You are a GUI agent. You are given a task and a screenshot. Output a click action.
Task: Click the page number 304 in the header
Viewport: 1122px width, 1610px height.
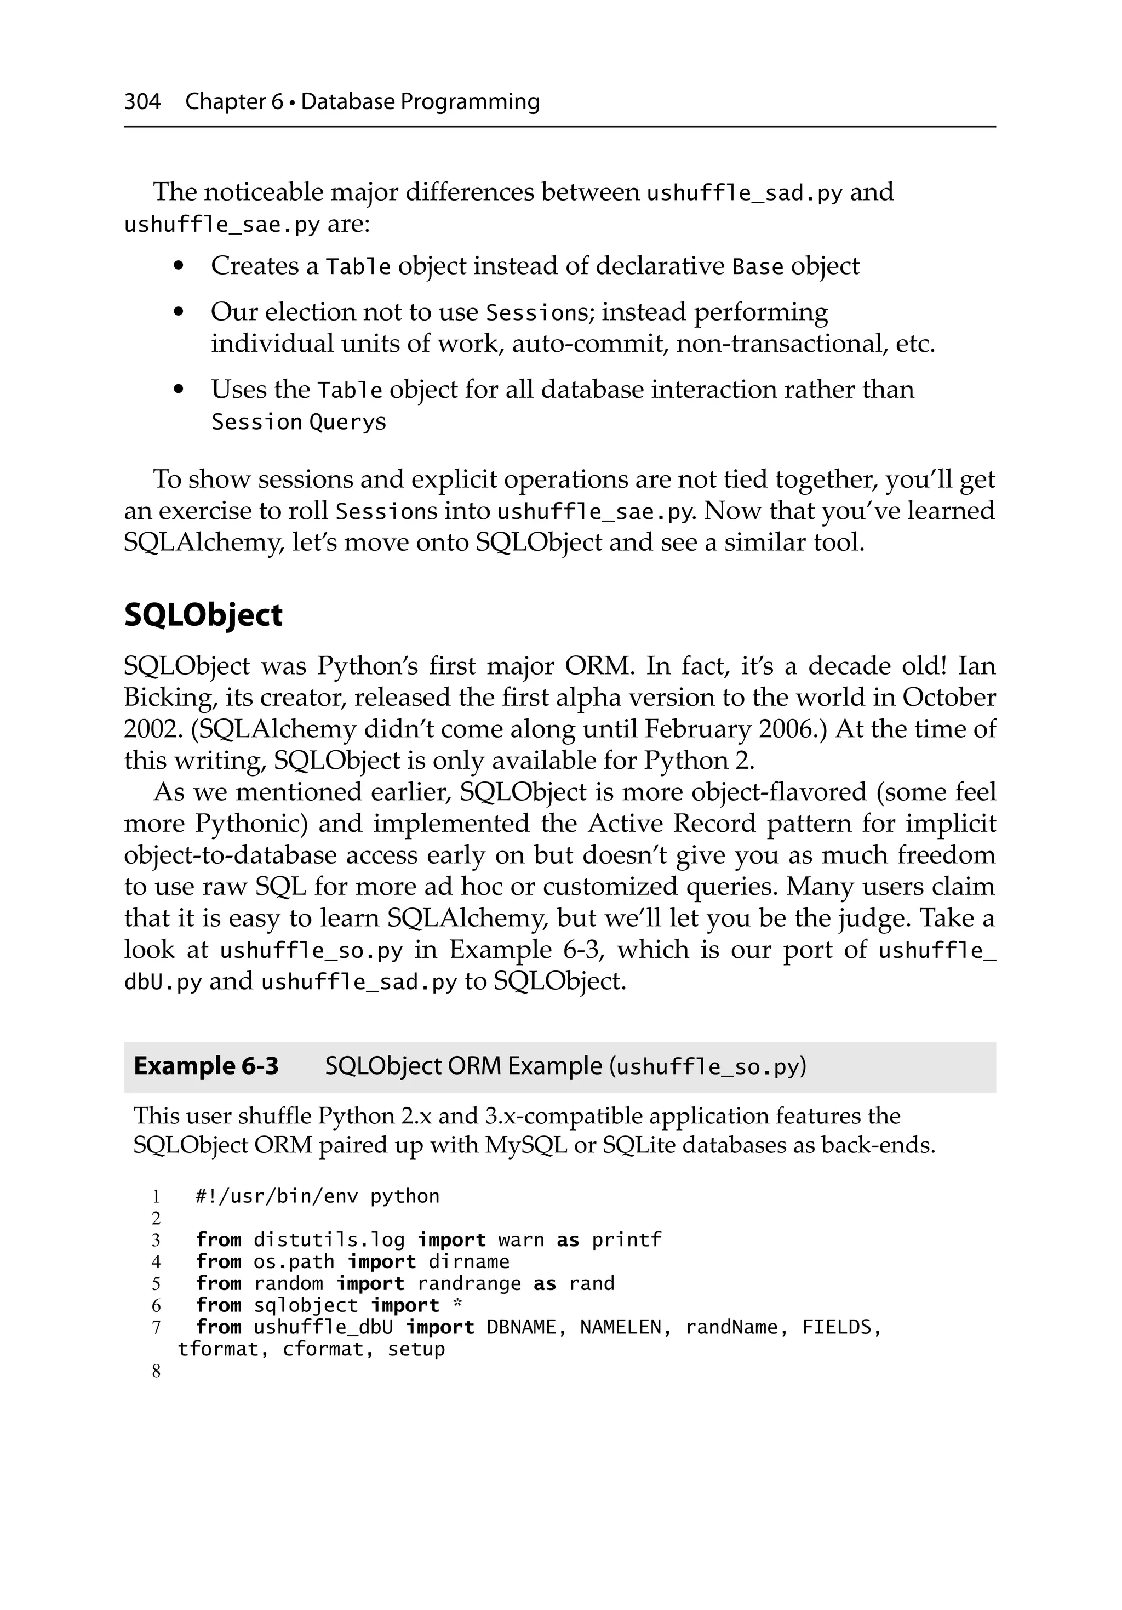(142, 102)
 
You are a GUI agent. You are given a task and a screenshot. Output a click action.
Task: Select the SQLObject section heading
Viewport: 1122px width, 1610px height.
(203, 615)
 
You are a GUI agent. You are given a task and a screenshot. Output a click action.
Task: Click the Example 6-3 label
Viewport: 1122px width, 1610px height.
(205, 1066)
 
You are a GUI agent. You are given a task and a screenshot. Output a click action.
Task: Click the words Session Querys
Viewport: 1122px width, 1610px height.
(298, 422)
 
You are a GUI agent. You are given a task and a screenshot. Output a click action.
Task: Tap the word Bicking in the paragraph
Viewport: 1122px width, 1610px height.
(167, 698)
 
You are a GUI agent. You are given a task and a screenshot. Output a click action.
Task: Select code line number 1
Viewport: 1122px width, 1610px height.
(156, 1196)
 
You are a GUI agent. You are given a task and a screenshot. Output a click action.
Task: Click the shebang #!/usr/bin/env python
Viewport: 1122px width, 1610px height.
(317, 1196)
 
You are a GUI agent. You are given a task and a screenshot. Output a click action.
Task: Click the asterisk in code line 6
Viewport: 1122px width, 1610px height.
(457, 1304)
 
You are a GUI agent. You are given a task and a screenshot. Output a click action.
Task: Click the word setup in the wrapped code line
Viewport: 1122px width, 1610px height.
(416, 1349)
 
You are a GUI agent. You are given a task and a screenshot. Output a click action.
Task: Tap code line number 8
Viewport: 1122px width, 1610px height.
(156, 1372)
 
